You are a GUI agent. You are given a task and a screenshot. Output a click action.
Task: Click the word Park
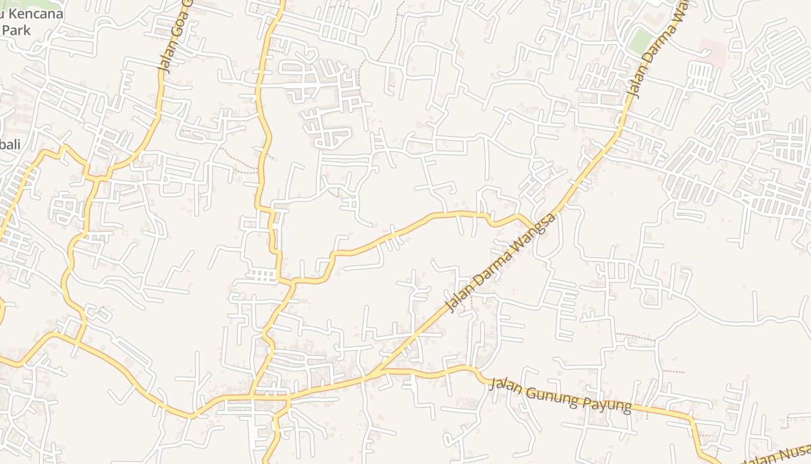16,30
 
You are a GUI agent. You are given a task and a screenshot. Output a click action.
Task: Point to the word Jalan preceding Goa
163,59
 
